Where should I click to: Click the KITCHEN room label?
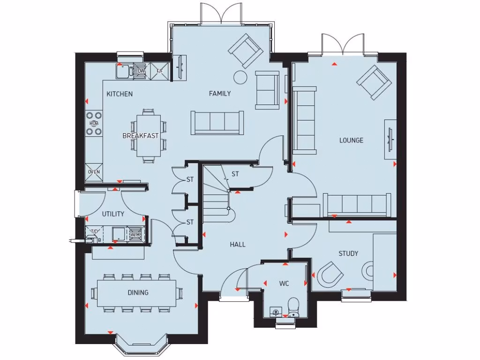click(x=120, y=94)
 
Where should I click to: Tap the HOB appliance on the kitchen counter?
click(x=94, y=123)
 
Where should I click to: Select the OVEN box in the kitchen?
click(x=94, y=172)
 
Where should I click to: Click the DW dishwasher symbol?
click(x=140, y=71)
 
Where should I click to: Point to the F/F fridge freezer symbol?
click(x=159, y=71)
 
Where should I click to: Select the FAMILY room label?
click(x=220, y=94)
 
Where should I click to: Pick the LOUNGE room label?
click(x=352, y=140)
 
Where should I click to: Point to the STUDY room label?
click(x=348, y=254)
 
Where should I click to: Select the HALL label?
click(x=237, y=244)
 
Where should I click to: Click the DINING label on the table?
click(x=138, y=292)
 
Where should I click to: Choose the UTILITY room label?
click(x=113, y=214)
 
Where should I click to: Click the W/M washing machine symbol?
click(x=135, y=234)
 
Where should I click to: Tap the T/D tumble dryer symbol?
click(x=94, y=232)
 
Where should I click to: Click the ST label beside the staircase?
click(x=235, y=174)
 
